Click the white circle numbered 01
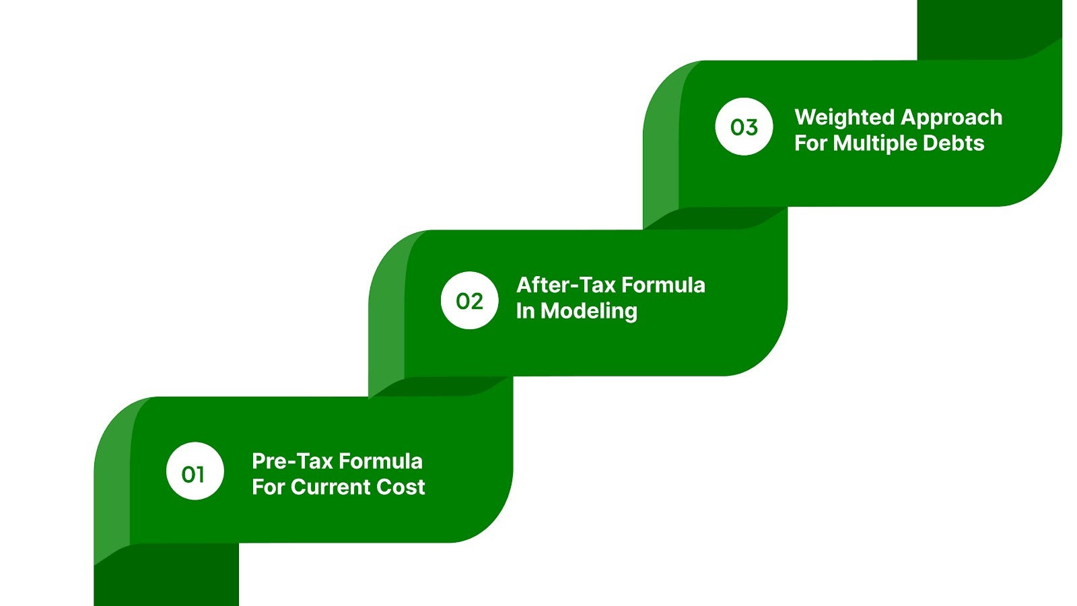click(x=195, y=471)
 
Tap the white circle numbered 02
click(x=470, y=300)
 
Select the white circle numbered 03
click(x=744, y=127)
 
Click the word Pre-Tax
click(x=291, y=461)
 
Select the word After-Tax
click(x=566, y=285)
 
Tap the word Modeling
click(x=589, y=311)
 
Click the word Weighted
click(x=843, y=118)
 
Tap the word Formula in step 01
click(x=380, y=461)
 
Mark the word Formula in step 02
click(x=663, y=285)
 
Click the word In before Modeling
click(x=525, y=311)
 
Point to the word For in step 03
click(x=810, y=143)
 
